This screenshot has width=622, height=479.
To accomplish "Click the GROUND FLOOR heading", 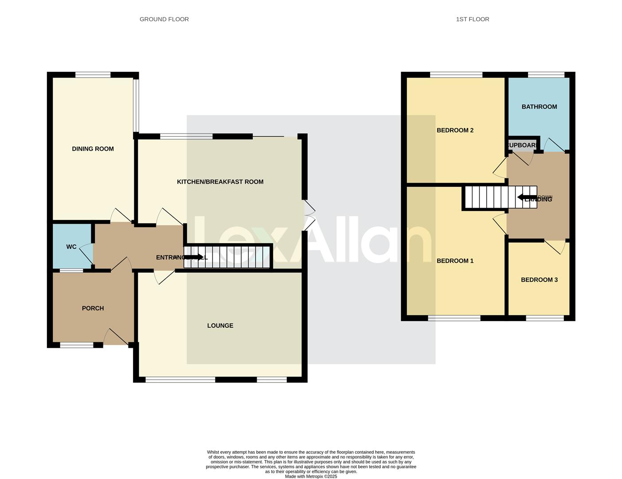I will point(164,19).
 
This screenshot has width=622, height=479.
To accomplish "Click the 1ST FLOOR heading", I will point(472,19).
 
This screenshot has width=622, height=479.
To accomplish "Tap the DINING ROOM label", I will point(93,149).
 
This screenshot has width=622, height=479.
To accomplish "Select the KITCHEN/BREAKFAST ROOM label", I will point(220,182).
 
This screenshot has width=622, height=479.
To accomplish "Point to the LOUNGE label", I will point(220,326).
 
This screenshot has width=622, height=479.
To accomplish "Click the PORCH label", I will point(93,308).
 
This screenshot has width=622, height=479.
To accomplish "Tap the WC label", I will point(71,247).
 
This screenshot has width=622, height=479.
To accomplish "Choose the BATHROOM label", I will point(539,107).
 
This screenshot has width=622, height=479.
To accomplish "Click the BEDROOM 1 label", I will point(455,261).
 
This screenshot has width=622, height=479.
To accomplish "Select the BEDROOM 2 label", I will point(455,130).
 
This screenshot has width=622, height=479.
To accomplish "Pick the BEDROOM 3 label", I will point(539,280).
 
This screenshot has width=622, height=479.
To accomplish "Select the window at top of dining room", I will point(93,75).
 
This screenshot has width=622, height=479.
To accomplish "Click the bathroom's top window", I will point(546,75).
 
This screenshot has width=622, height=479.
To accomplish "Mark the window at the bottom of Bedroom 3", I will point(545,318).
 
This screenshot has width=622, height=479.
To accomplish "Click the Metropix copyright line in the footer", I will point(311,476).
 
